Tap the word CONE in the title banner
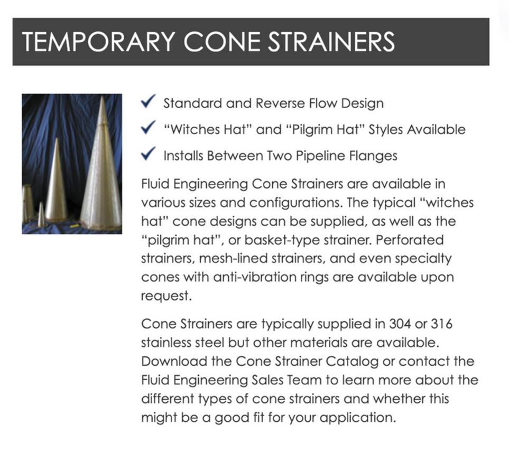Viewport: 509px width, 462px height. coord(222,42)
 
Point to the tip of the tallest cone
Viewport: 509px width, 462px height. coord(103,96)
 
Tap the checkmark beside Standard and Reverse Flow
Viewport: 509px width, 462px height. coord(149,101)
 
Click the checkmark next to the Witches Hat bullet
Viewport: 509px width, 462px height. coord(149,127)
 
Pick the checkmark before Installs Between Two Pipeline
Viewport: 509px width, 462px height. coord(149,154)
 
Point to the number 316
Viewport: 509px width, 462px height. coord(441,324)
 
